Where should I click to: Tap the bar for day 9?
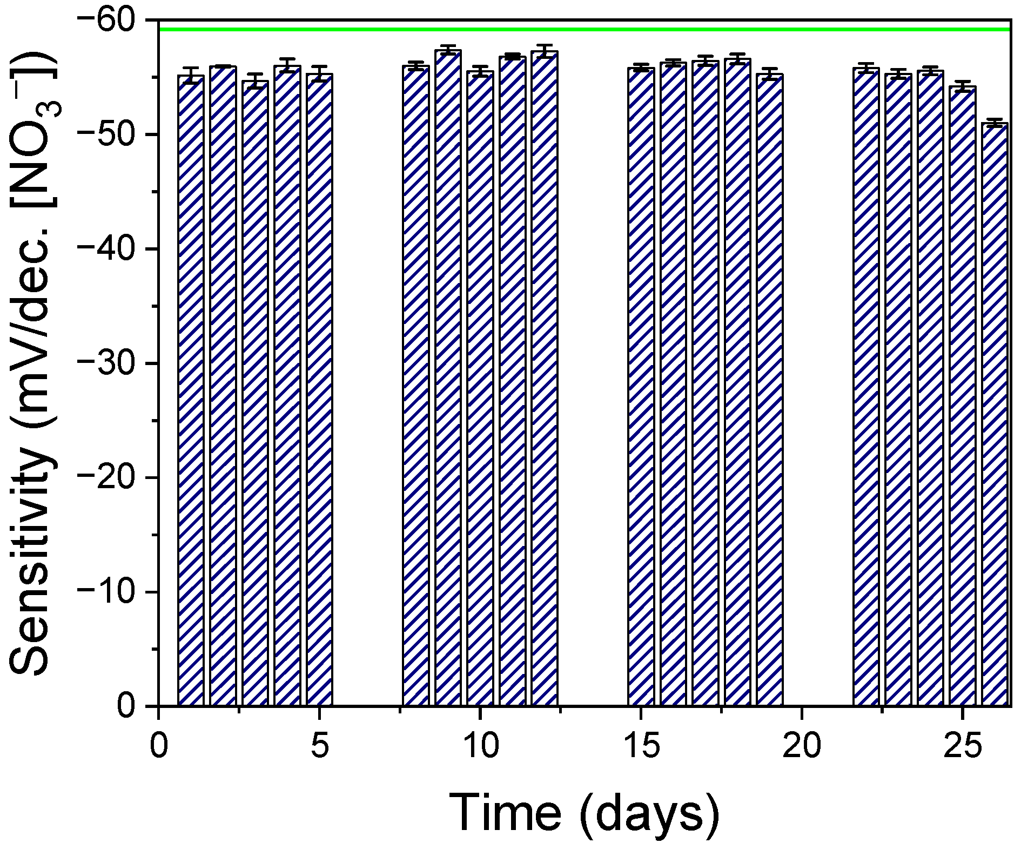point(448,378)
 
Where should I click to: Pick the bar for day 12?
point(544,378)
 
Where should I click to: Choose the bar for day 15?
point(641,386)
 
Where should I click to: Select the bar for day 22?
point(866,386)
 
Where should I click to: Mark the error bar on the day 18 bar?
point(737,58)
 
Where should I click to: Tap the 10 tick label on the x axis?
point(480,747)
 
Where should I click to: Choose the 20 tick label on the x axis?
point(801,747)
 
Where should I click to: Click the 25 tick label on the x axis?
point(962,747)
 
